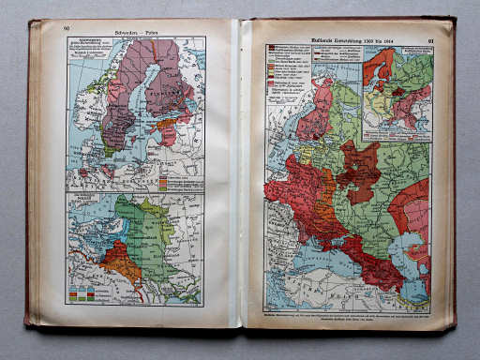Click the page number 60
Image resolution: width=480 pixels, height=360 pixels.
[67, 28]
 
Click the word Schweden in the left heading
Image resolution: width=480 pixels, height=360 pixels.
[126, 29]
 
